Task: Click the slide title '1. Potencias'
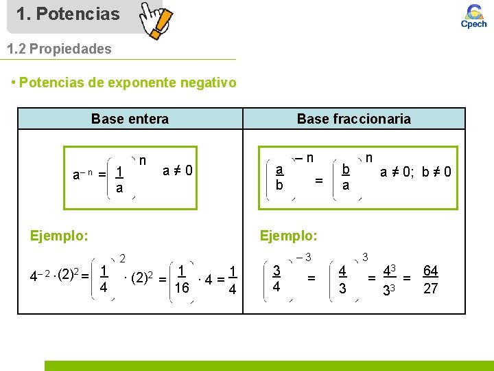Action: point(67,14)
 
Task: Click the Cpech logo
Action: point(473,16)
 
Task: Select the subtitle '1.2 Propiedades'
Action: point(58,49)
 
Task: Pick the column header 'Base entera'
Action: point(130,119)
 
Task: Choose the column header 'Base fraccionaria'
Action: point(353,119)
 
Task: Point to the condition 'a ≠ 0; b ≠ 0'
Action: point(416,172)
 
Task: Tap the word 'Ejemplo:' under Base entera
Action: point(59,236)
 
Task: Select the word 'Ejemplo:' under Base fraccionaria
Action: point(288,236)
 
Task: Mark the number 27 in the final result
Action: point(430,289)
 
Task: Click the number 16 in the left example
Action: point(182,287)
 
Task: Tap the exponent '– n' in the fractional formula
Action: point(304,157)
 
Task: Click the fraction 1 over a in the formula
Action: point(119,179)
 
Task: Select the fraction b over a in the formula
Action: point(346,177)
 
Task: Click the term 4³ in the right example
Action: point(390,271)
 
